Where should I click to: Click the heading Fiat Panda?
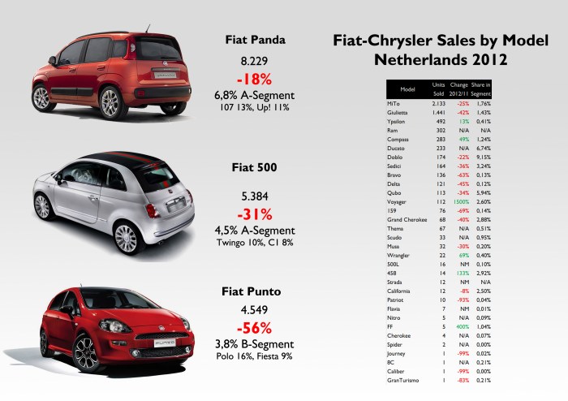pyautogui.click(x=256, y=38)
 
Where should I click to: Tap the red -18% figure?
pyautogui.click(x=257, y=80)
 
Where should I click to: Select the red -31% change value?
pyautogui.click(x=257, y=214)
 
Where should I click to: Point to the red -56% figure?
pyautogui.click(x=257, y=326)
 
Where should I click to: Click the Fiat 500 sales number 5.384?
pyautogui.click(x=257, y=196)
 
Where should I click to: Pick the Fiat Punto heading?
pyautogui.click(x=257, y=290)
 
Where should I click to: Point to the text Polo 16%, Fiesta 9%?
pyautogui.click(x=257, y=356)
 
